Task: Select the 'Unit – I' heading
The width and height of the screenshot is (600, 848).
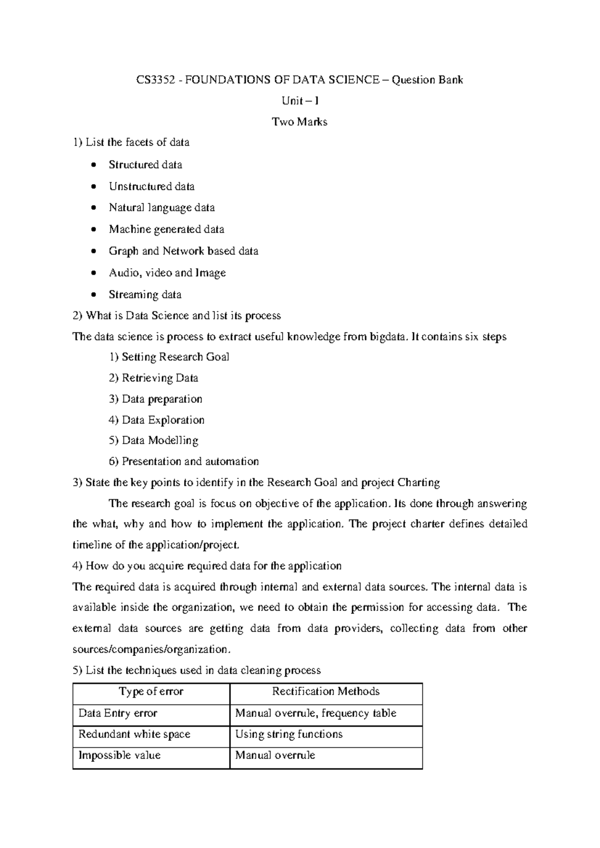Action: (299, 101)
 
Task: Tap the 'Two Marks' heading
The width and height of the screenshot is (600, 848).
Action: (299, 122)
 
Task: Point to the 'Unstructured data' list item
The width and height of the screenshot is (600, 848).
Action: (151, 186)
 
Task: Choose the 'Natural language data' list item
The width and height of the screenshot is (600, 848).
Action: (161, 207)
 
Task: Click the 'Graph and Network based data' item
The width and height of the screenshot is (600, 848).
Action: (183, 251)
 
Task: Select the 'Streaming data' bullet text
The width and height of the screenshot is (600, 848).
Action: (145, 294)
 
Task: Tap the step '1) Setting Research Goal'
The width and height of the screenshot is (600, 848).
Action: (169, 357)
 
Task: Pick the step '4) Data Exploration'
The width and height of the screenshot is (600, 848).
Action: (156, 420)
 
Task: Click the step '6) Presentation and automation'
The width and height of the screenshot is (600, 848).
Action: (183, 461)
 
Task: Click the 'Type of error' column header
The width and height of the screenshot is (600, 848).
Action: (151, 691)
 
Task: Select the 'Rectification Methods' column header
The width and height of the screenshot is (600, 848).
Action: (325, 691)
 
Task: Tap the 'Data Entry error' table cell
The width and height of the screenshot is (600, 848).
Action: (118, 713)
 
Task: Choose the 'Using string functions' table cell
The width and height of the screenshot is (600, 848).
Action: (288, 734)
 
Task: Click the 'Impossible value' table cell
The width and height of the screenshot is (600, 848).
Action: (119, 755)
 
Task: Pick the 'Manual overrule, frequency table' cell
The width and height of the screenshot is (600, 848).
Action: (315, 713)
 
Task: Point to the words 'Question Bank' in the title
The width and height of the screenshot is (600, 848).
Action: (427, 80)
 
